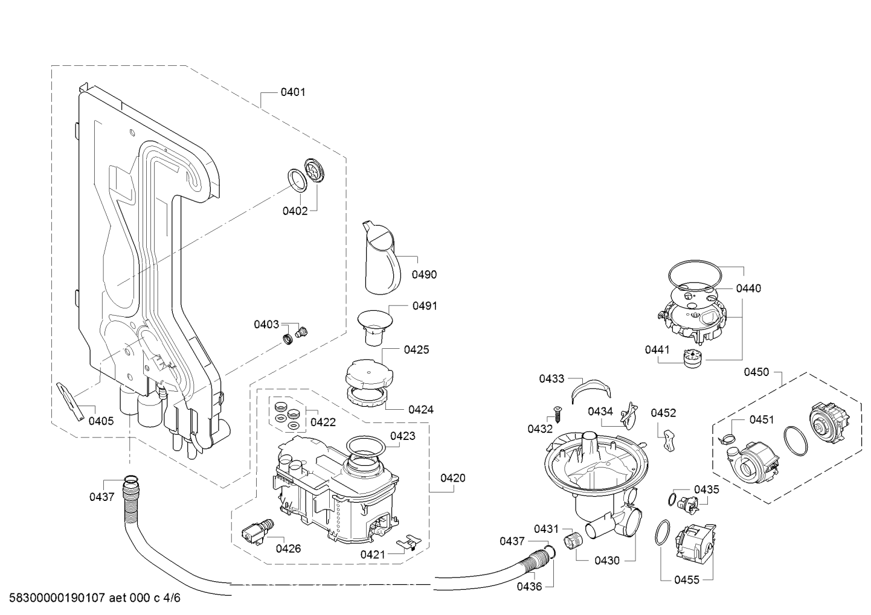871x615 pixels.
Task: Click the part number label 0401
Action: point(293,92)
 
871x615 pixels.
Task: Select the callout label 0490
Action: point(424,275)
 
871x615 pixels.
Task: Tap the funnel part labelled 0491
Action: point(374,327)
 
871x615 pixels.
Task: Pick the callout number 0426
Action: point(288,549)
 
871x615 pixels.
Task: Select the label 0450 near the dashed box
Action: point(756,372)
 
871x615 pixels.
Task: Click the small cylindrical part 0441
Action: point(693,358)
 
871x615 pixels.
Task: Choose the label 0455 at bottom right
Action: point(687,580)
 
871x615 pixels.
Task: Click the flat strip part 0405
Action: point(71,401)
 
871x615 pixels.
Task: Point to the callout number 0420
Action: point(453,478)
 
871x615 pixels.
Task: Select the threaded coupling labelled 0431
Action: point(573,541)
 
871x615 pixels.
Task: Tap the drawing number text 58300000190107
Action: point(57,598)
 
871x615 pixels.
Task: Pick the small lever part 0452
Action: point(669,441)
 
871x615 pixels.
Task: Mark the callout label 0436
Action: point(529,587)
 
